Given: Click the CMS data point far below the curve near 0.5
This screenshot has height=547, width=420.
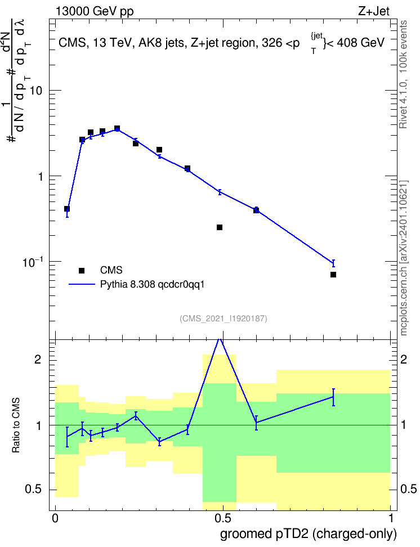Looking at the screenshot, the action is [x=220, y=227].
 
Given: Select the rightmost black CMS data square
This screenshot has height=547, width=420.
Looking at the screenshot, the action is [x=333, y=275].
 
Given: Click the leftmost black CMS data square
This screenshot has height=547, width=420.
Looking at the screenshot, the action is [x=67, y=209].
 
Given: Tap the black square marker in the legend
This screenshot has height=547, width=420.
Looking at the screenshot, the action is [x=82, y=270].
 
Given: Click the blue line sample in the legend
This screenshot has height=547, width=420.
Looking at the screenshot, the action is [x=82, y=285].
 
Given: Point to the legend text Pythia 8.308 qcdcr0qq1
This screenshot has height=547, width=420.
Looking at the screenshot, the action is [x=152, y=285].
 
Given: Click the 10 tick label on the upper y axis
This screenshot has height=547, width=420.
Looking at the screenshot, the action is [x=36, y=91].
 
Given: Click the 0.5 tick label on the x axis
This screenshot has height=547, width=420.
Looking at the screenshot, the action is [x=223, y=518].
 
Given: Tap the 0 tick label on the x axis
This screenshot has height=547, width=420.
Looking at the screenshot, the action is [x=55, y=518].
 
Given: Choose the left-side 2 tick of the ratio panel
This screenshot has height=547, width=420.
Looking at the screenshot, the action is [x=38, y=359].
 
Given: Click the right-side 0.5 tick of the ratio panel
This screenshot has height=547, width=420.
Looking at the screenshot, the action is [x=408, y=489].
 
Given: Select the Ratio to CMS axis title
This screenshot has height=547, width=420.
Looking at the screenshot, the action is [x=16, y=425].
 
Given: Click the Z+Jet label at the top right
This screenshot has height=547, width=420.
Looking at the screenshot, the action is [x=374, y=11].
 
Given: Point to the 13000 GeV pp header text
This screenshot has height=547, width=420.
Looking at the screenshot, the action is [x=95, y=12].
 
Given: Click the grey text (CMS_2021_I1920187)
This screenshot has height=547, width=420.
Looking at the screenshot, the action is [x=224, y=319].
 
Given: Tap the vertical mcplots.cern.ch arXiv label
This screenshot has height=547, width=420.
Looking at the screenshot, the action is [x=404, y=258].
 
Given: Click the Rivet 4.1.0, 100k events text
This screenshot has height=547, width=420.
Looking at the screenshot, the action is [x=404, y=75].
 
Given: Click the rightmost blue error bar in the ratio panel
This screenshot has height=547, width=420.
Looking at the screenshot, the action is [x=333, y=397].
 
